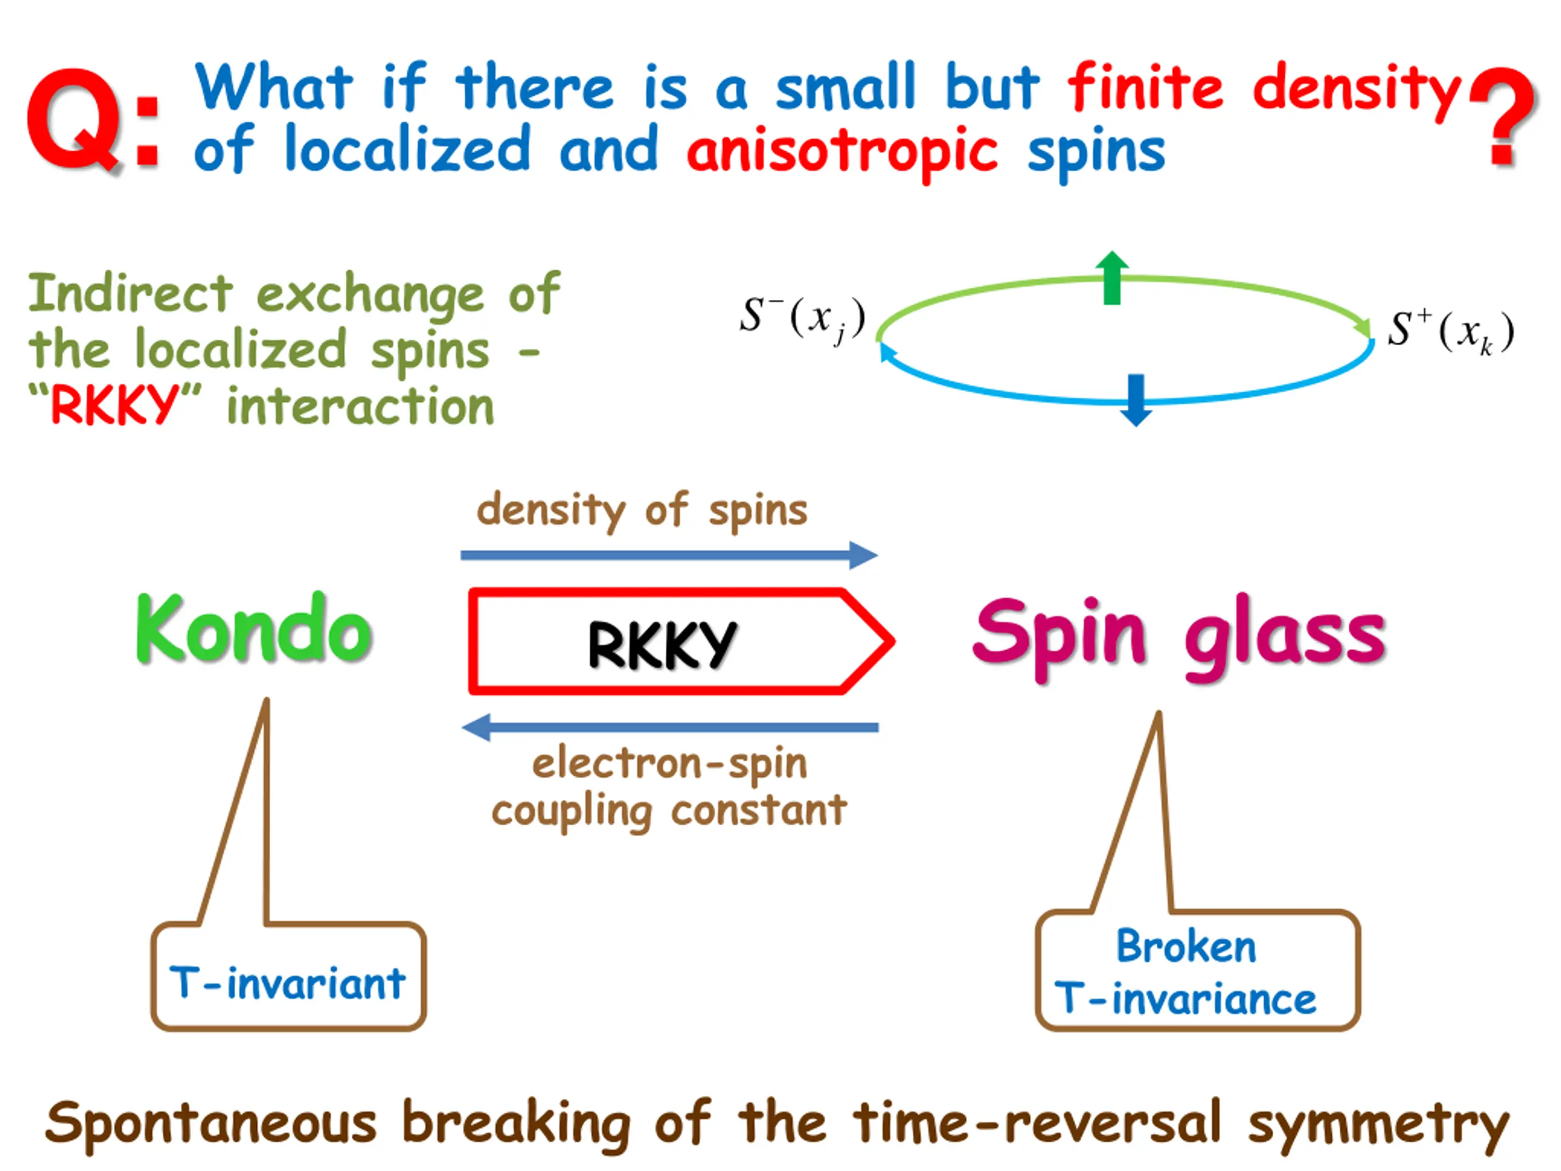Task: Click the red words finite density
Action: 1263,88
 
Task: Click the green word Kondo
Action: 254,628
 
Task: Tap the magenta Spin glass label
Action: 1179,636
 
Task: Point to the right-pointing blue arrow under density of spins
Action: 668,555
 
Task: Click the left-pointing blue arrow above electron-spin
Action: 670,727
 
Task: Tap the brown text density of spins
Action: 641,510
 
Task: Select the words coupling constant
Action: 669,811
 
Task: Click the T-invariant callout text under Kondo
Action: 288,983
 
